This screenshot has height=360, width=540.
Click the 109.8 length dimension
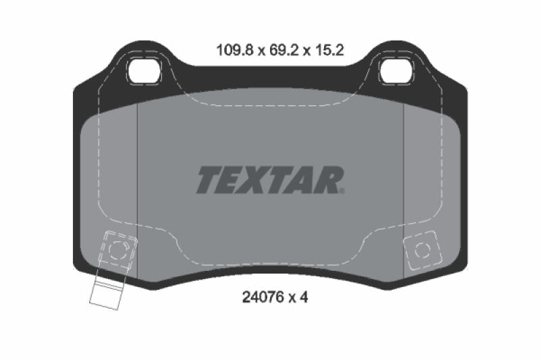[x=231, y=49]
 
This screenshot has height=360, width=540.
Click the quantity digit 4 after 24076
[x=304, y=297]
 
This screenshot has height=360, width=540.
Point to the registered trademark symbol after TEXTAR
[x=342, y=191]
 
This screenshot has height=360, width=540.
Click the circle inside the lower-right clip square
[x=423, y=250]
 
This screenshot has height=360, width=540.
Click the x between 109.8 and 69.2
[x=257, y=50]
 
